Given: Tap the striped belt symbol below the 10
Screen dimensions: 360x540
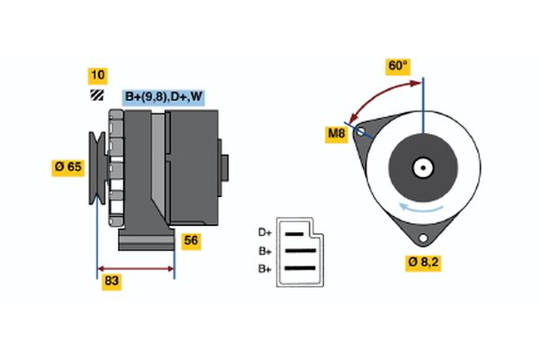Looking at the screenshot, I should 95,94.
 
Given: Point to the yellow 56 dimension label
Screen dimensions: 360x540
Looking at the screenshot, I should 191,240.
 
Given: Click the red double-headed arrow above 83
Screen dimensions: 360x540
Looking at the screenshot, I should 135,268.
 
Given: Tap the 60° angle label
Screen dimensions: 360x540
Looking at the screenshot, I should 397,66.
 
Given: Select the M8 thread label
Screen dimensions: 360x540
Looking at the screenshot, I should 337,135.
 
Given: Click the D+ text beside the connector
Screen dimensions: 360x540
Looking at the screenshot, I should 265,233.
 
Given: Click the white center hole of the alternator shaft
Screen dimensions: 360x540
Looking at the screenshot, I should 422,166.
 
